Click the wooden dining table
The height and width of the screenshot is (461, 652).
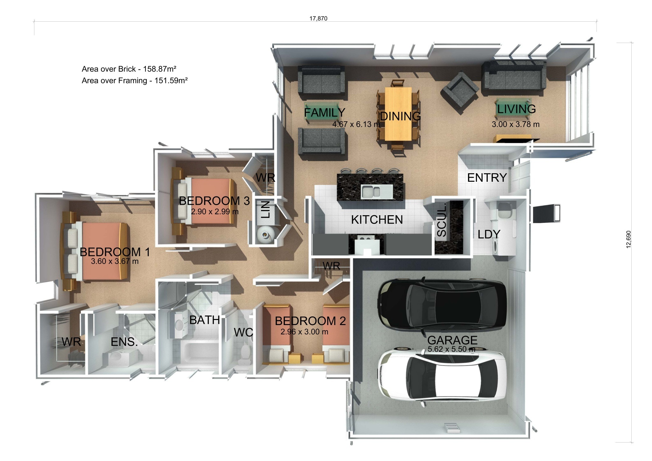click(398, 114)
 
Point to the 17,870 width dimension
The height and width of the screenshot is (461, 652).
click(318, 18)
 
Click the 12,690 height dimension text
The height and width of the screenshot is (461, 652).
click(628, 239)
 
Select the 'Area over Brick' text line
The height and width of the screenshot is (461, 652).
click(129, 69)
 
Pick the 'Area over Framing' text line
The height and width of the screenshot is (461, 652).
click(135, 81)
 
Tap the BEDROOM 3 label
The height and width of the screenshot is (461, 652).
click(214, 201)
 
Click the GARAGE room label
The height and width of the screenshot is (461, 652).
click(452, 340)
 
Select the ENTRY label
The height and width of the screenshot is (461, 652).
click(487, 178)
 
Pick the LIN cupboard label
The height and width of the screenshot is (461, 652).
click(266, 209)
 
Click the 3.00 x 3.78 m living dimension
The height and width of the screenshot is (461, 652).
click(515, 124)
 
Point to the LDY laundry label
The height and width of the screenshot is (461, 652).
click(489, 234)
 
